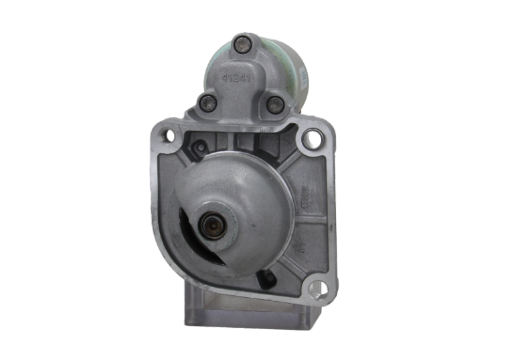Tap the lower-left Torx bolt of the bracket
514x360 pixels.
tap(207, 103)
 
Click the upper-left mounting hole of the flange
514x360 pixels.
tap(165, 138)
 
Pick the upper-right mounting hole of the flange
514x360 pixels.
tap(310, 139)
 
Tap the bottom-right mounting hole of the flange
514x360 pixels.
tap(317, 290)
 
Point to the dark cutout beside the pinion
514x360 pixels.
tap(189, 231)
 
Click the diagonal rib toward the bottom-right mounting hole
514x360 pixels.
tap(294, 268)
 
